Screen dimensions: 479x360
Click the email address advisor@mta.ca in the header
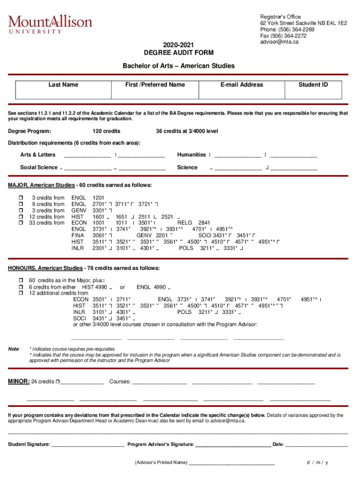point(279,42)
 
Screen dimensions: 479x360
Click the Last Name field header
point(63,85)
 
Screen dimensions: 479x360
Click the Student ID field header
point(313,85)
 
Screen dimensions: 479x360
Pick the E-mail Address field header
point(242,85)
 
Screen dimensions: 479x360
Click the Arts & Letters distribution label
point(37,155)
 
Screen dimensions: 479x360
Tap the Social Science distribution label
point(38,167)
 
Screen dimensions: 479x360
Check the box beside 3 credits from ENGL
point(21,198)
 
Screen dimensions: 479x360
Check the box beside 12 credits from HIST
point(21,217)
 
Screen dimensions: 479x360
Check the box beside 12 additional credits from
point(21,293)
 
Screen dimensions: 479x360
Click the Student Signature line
point(88,444)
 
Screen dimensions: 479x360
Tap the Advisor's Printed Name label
point(161,463)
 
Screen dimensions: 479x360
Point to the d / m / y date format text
point(317,463)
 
